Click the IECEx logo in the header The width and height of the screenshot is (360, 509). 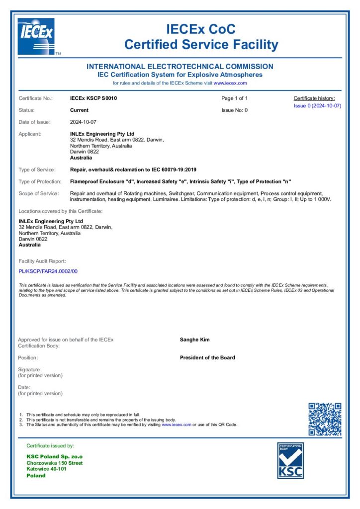click(36, 36)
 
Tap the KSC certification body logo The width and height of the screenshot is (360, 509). click(290, 461)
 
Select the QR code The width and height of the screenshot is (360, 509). click(325, 419)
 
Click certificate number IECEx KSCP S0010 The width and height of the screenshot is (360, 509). click(94, 98)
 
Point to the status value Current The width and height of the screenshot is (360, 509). click(80, 110)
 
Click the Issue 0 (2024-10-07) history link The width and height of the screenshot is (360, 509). click(317, 106)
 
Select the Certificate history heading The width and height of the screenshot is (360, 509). click(314, 98)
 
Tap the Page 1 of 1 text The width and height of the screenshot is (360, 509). click(234, 98)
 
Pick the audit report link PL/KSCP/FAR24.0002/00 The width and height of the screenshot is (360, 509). click(48, 271)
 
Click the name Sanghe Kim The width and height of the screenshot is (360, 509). click(194, 340)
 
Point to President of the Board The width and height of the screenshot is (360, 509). click(207, 357)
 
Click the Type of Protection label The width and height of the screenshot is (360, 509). click(40, 181)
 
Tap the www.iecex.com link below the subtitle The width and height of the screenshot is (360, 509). click(230, 83)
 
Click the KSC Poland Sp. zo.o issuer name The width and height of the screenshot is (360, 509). click(54, 456)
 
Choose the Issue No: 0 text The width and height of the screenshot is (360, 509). click(234, 110)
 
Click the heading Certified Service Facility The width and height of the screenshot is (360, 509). click(201, 45)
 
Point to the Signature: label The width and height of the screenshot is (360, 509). click(30, 369)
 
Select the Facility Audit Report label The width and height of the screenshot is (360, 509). click(42, 261)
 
